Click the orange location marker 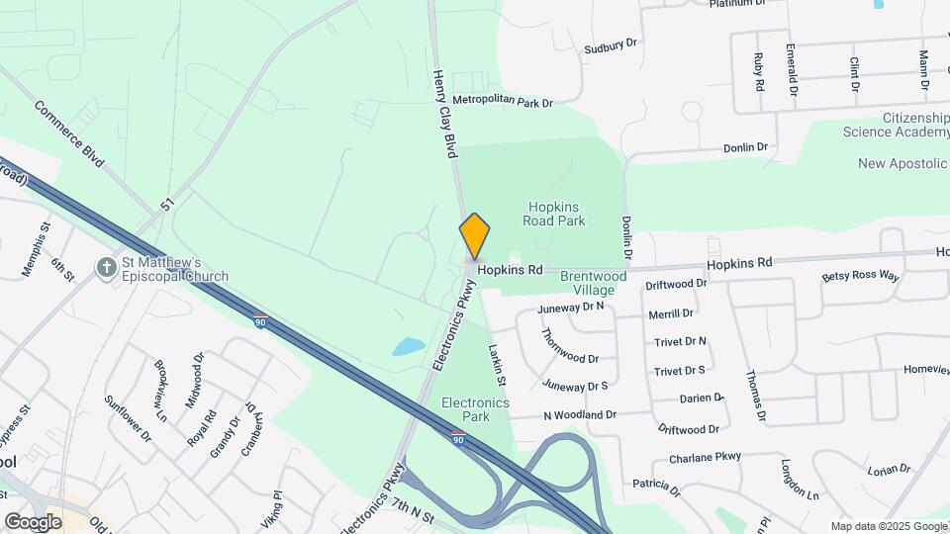pos(475,235)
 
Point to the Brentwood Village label pos(594,283)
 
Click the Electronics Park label pos(475,409)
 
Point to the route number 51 pos(168,205)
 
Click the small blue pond pos(407,347)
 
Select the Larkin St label pos(497,366)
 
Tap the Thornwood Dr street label pos(570,346)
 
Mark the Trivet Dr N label pos(680,341)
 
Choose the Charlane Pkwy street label pos(705,458)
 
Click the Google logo pos(33,521)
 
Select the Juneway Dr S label pos(575,386)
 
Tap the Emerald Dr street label pos(792,69)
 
